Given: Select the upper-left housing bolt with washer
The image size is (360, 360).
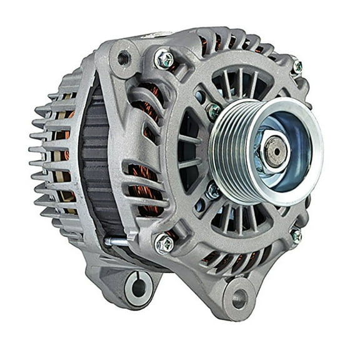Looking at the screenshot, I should click(164, 59).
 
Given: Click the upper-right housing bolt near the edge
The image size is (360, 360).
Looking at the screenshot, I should click(296, 66).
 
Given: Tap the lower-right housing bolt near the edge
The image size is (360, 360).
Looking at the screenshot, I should click(295, 236).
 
